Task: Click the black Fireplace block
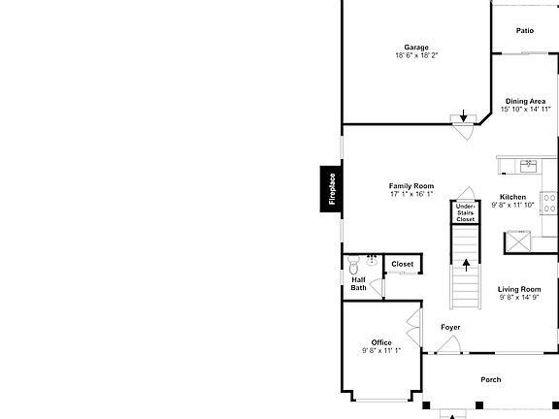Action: (x=331, y=189)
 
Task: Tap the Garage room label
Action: (x=416, y=47)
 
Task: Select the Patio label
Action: (x=525, y=31)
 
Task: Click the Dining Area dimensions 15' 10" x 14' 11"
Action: (x=525, y=109)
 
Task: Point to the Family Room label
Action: (x=411, y=186)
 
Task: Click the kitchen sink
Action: (x=528, y=166)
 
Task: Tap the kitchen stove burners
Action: (x=549, y=203)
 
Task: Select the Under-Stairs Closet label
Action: (x=465, y=213)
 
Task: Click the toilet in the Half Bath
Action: (x=353, y=265)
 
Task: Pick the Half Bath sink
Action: (x=373, y=261)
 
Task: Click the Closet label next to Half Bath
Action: (x=403, y=264)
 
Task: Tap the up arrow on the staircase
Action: (x=466, y=265)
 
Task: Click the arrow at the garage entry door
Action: (x=463, y=115)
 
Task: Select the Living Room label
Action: (x=519, y=289)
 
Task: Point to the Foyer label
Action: (x=450, y=327)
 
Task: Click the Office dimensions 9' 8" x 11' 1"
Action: (x=381, y=350)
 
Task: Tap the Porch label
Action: (x=491, y=380)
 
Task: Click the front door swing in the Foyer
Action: (x=449, y=344)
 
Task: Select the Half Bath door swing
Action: (x=377, y=287)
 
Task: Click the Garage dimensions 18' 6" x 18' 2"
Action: (x=416, y=55)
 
